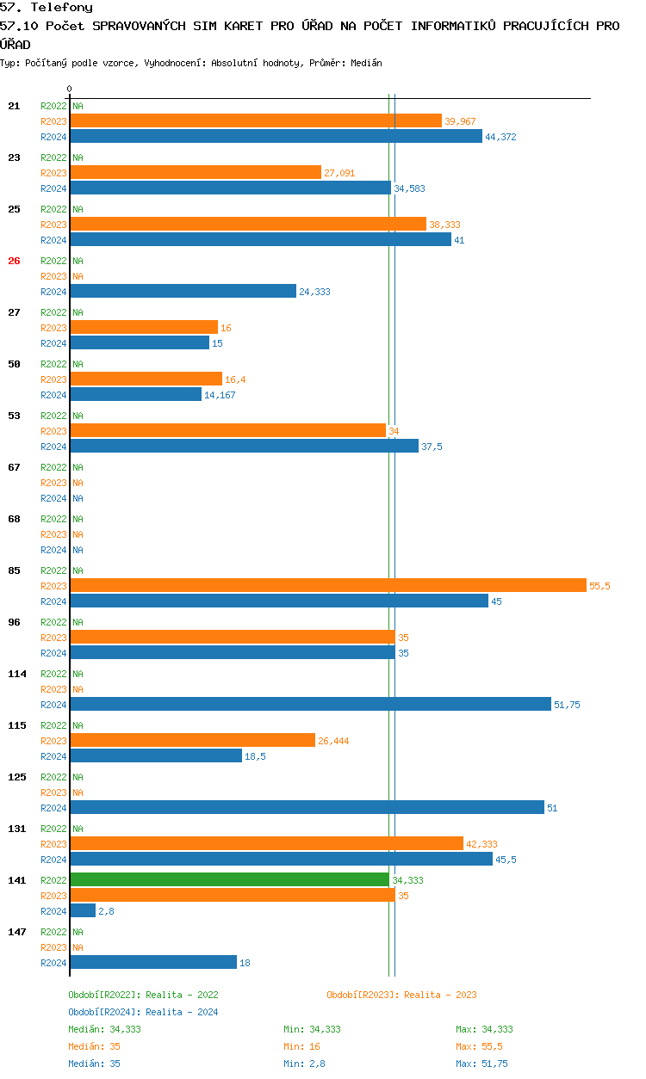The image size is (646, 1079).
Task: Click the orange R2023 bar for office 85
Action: (x=328, y=585)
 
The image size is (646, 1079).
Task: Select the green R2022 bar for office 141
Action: (x=229, y=879)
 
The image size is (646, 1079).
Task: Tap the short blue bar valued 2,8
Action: (x=83, y=910)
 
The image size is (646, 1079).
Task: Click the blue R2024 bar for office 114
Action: (x=310, y=704)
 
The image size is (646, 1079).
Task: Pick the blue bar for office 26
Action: (x=183, y=291)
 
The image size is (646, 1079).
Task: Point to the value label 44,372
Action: (x=500, y=137)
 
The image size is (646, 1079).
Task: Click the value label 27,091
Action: (x=339, y=173)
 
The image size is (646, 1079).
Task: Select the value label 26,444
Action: (x=333, y=741)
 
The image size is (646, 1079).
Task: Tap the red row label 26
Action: (x=14, y=261)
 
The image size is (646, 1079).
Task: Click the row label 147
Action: (x=17, y=932)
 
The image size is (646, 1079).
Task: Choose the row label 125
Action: (x=17, y=777)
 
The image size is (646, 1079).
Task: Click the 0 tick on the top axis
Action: (x=70, y=89)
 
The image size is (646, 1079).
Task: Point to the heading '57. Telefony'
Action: (x=47, y=8)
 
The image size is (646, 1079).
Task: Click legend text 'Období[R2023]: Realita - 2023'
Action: (x=401, y=995)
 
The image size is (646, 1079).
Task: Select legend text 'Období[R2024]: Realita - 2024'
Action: (x=143, y=1012)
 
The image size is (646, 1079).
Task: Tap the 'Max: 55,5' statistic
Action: (x=479, y=1046)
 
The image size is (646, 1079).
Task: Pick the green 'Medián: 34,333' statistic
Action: (x=104, y=1029)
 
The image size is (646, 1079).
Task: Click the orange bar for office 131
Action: (x=266, y=843)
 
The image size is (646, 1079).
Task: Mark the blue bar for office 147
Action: (x=153, y=962)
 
